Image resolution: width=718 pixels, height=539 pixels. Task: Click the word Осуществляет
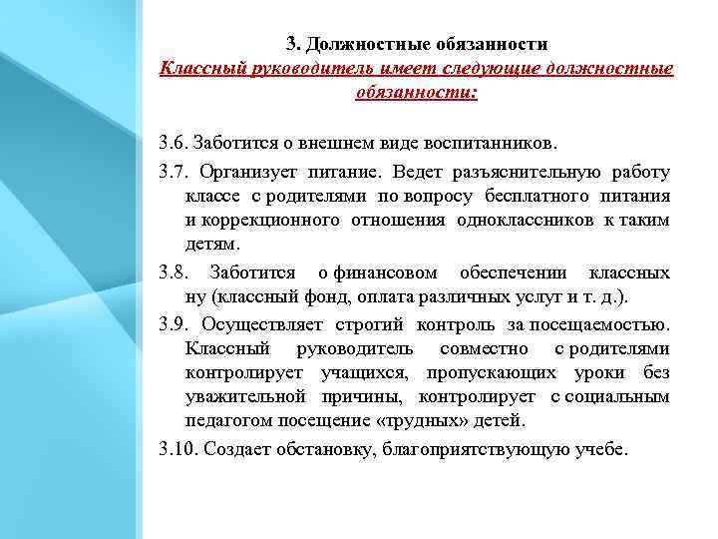tap(260, 323)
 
